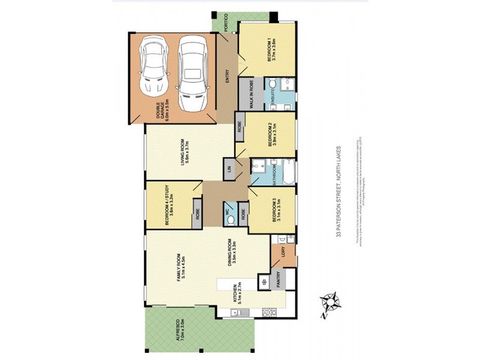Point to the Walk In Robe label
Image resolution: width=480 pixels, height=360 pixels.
246,95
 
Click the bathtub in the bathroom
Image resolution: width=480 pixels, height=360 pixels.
289,172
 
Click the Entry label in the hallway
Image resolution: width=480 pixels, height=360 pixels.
227,77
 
